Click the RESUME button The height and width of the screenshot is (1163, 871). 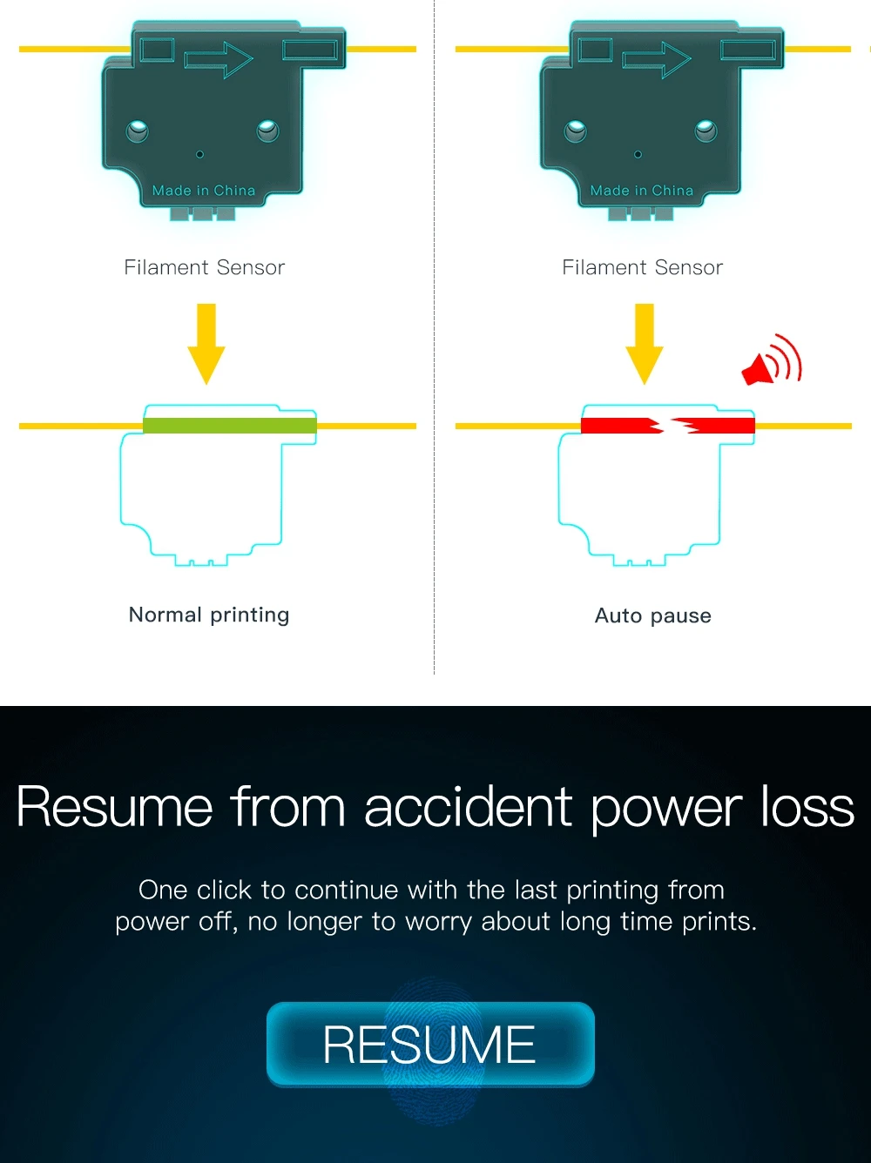(x=430, y=1044)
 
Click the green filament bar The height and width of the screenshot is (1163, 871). (x=229, y=426)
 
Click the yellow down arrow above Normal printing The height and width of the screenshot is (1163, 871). (x=206, y=343)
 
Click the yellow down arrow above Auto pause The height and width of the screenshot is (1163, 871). (x=645, y=343)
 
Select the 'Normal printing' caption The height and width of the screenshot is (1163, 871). (x=209, y=615)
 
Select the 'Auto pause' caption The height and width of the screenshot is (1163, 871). (x=653, y=615)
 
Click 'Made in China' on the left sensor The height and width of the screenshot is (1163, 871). (x=204, y=191)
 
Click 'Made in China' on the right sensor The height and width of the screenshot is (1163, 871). (x=642, y=191)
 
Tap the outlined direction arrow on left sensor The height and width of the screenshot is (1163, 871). (x=219, y=59)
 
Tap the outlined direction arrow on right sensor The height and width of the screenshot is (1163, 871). (x=657, y=59)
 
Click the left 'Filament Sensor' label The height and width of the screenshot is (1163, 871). (x=205, y=267)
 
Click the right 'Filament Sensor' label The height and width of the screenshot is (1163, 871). (x=643, y=267)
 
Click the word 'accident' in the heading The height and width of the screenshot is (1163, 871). (x=468, y=807)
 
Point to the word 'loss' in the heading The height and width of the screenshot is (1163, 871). (x=807, y=807)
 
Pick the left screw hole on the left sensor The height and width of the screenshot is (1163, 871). (x=137, y=131)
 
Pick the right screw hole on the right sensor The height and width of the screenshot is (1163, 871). (x=706, y=131)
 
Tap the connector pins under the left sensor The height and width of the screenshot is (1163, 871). (x=203, y=214)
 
